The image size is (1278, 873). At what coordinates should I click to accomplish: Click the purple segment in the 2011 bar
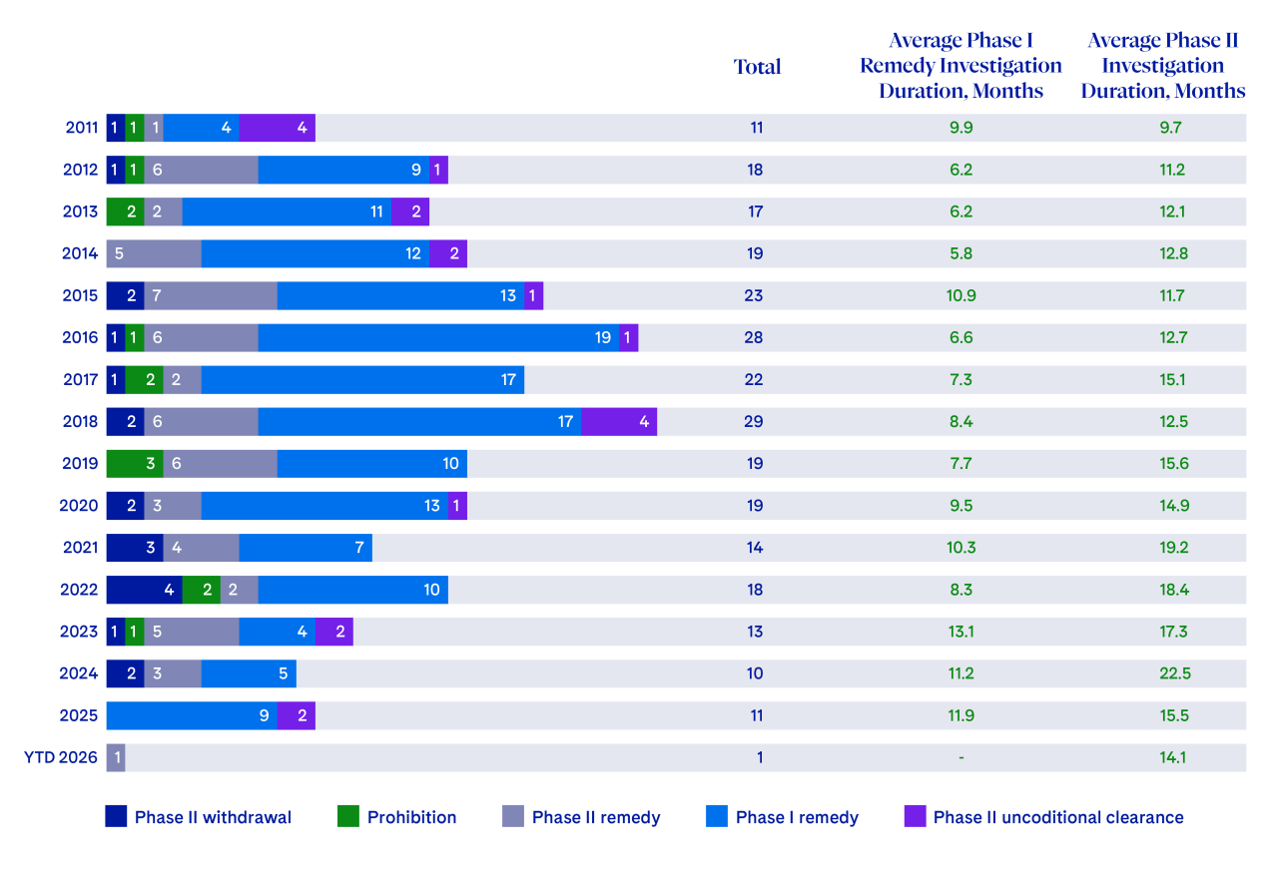(x=277, y=128)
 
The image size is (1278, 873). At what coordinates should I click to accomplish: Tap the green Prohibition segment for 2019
(x=135, y=463)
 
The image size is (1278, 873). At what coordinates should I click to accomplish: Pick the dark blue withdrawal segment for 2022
(x=144, y=589)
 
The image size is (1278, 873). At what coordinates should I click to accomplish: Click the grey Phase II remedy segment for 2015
(x=211, y=295)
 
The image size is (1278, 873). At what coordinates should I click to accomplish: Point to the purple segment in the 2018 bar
(x=618, y=421)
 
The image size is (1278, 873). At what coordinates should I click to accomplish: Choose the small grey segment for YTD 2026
(x=116, y=757)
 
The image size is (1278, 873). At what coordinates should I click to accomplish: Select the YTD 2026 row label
(x=61, y=757)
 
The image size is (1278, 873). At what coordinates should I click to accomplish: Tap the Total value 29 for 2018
(x=755, y=421)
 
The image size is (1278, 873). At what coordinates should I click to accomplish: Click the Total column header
(x=757, y=67)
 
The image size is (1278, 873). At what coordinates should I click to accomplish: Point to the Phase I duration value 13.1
(x=960, y=632)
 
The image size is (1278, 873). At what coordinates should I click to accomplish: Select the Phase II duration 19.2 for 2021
(x=1173, y=548)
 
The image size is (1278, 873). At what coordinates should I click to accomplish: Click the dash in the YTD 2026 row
(x=960, y=758)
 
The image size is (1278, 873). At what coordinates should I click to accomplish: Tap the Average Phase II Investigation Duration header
(x=1163, y=66)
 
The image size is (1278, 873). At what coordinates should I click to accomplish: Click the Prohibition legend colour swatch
(x=347, y=817)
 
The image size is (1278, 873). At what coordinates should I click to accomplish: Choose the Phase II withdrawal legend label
(x=213, y=818)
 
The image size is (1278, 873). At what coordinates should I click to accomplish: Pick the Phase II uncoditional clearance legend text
(x=1058, y=818)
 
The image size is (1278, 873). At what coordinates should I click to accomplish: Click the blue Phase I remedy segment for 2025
(x=191, y=715)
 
